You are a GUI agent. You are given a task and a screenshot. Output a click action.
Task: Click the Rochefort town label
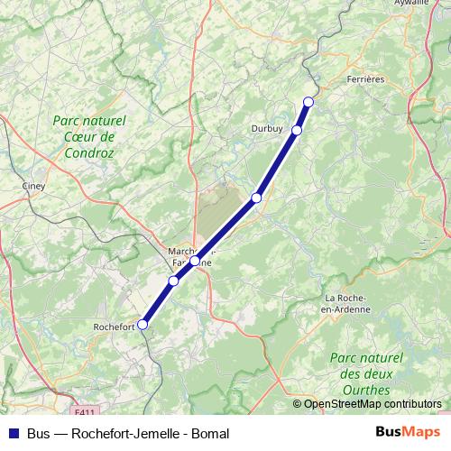coord(114,325)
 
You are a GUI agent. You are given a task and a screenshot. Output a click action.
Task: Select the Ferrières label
coord(365,79)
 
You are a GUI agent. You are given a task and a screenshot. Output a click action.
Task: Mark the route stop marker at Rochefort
coord(142,325)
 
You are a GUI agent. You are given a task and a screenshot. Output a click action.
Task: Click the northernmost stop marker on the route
coord(308,101)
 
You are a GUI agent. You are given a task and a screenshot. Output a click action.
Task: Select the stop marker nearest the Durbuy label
coord(296,131)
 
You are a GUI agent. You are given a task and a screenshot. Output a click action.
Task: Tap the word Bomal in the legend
coord(209,433)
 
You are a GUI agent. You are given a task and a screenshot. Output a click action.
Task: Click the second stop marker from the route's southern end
coord(173,281)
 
